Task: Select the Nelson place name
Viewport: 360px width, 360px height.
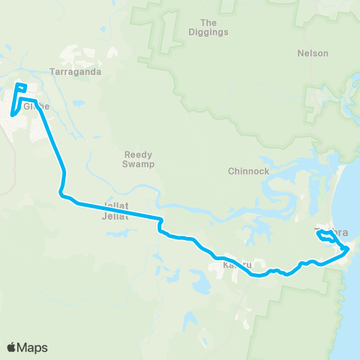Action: point(313,53)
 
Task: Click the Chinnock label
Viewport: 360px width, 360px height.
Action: point(248,171)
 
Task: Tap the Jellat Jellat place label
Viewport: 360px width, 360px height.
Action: point(115,211)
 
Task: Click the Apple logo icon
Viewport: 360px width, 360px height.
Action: point(13,347)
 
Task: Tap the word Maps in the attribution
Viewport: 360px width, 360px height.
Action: point(33,347)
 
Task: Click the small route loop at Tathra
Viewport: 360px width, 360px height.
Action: point(326,237)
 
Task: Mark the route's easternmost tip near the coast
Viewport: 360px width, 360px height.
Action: point(348,248)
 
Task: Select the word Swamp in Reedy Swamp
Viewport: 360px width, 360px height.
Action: point(138,165)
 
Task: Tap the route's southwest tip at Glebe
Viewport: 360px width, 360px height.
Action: point(13,115)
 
